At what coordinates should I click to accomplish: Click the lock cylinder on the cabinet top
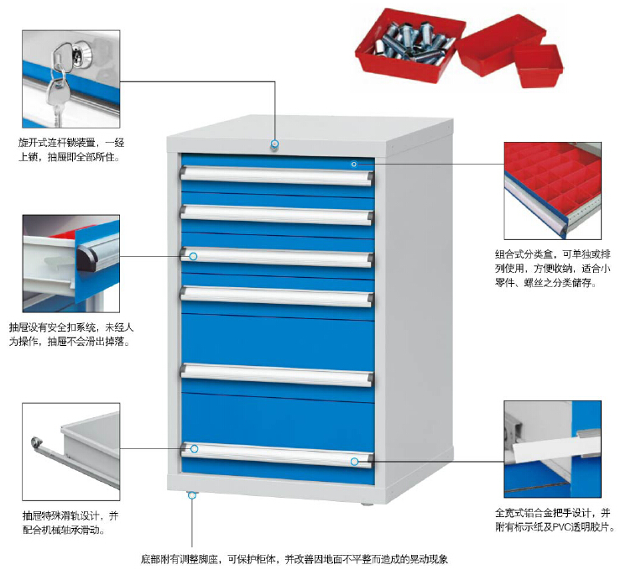click(x=274, y=147)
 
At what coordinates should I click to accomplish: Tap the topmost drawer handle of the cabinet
click(x=277, y=175)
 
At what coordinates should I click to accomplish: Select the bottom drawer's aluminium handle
click(x=277, y=454)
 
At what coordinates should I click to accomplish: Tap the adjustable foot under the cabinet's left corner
click(x=191, y=494)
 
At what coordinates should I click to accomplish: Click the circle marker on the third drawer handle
click(x=194, y=255)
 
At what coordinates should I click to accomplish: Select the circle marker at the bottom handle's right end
click(x=355, y=461)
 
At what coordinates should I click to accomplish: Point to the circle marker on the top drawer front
click(x=354, y=164)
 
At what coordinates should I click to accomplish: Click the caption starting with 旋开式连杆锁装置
click(x=70, y=149)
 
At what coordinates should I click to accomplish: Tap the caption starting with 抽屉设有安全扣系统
click(x=71, y=334)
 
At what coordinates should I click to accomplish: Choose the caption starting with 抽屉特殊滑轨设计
click(x=71, y=522)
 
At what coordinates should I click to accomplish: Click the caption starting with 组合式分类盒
click(x=554, y=268)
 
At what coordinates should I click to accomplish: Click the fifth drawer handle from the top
click(x=277, y=374)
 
